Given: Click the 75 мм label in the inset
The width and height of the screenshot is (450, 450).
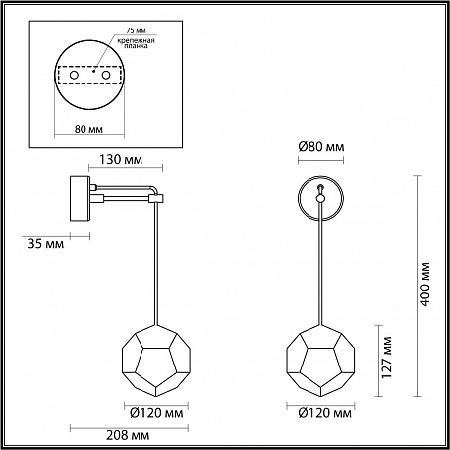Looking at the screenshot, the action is point(136,30).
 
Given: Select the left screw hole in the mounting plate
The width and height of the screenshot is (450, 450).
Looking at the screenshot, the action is point(74,75).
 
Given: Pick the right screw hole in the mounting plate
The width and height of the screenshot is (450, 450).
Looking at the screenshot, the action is point(105,75).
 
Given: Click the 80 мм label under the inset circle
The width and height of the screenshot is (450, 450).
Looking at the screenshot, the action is point(88,129).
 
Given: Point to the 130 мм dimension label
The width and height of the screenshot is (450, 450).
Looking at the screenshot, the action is point(121,160).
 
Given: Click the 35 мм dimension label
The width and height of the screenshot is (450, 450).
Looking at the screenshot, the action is point(46,244).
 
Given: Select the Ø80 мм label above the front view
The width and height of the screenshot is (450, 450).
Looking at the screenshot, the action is point(321,147).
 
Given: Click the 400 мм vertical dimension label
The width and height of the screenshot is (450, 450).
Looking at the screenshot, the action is point(425,284).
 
